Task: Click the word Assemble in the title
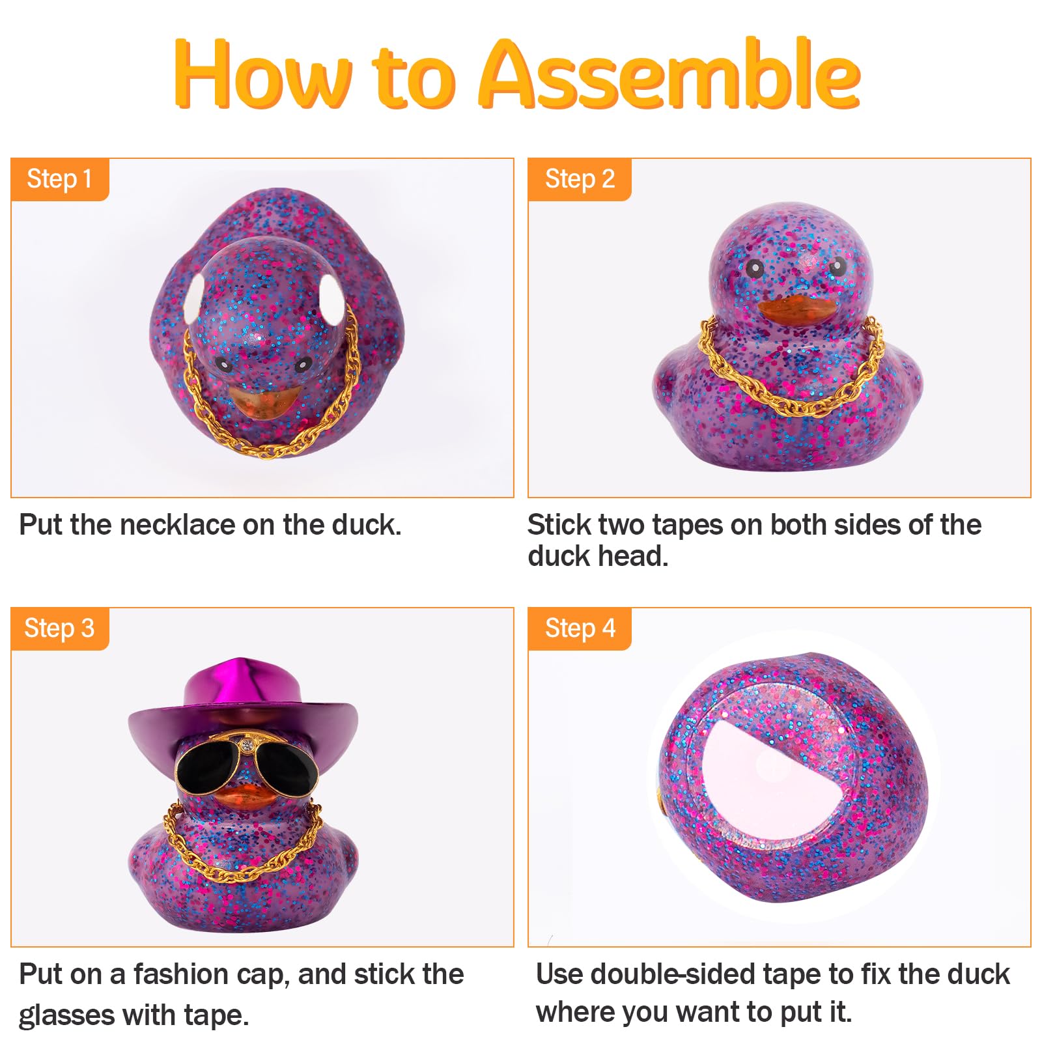(669, 73)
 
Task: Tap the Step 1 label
(59, 179)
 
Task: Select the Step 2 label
(580, 179)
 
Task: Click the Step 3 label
(59, 628)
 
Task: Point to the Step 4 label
(580, 628)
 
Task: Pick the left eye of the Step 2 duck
(754, 268)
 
